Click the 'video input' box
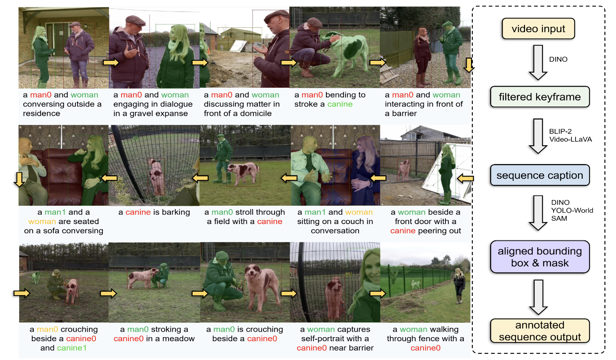538,29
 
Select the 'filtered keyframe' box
540,97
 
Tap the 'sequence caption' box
540,176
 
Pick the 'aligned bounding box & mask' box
540,257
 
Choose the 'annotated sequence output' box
540,331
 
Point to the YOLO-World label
572,211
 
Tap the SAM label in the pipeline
559,218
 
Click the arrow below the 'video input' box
538,62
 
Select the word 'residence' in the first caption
42,113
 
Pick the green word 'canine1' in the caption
72,348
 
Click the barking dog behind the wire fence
157,176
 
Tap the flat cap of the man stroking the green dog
314,22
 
